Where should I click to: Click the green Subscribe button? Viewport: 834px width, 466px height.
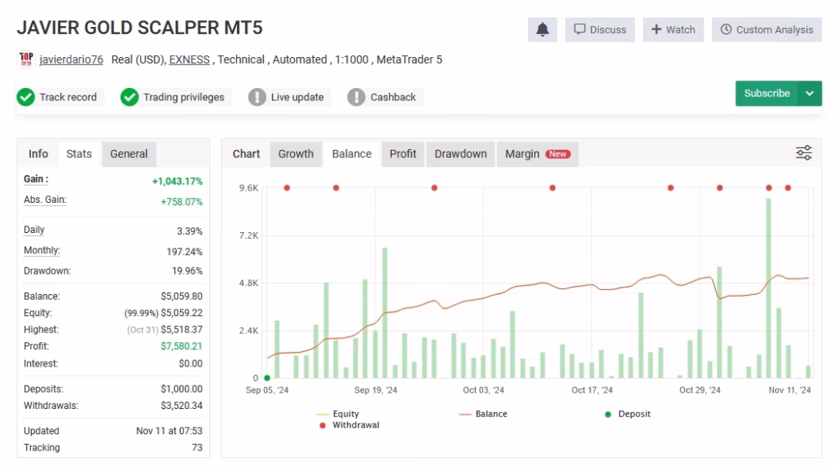766,94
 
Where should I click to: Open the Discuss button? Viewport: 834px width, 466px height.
599,29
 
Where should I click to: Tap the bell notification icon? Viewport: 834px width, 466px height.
542,29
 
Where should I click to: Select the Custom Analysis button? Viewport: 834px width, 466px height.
766,29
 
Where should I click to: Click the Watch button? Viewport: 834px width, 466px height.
673,29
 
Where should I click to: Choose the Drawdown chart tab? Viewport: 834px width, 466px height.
460,154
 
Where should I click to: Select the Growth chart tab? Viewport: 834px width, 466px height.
296,154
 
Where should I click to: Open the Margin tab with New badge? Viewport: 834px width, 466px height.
537,154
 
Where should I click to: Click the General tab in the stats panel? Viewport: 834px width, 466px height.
129,154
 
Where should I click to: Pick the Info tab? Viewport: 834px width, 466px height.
38,154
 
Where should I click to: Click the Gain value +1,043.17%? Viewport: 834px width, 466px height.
177,181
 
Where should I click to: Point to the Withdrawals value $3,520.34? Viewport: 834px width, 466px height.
182,406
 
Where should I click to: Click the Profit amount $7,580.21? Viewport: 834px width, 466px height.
182,347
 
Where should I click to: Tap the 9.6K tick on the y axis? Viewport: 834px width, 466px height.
248,188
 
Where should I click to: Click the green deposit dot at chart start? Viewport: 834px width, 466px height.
267,378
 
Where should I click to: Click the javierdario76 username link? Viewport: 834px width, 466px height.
72,59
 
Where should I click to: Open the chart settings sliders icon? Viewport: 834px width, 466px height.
803,153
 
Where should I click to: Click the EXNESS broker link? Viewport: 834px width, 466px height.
189,59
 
